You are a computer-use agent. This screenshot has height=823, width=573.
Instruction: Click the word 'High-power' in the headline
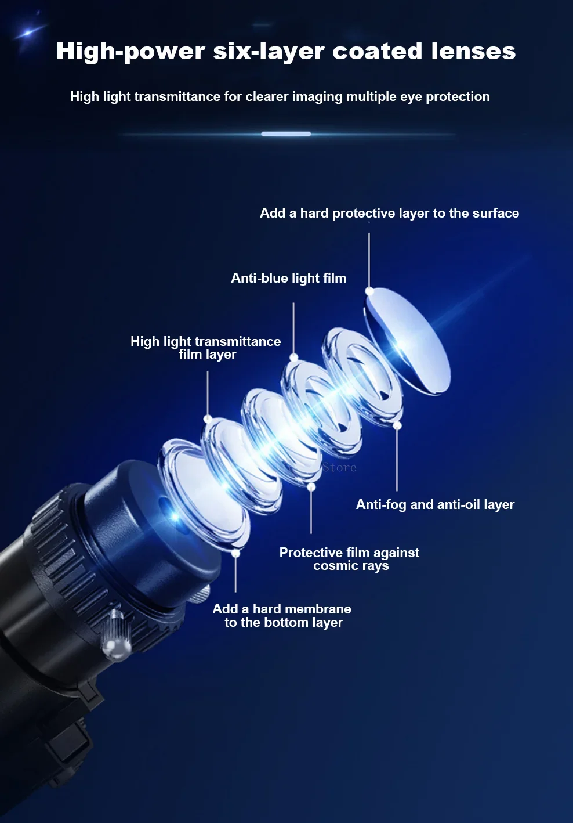(130, 52)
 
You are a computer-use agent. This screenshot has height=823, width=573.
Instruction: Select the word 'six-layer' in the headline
(269, 52)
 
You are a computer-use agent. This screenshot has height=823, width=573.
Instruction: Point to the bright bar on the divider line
(286, 134)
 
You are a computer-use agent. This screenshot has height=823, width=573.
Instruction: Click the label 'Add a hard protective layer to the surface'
(390, 214)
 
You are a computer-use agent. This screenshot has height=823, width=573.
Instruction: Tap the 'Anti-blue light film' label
(288, 278)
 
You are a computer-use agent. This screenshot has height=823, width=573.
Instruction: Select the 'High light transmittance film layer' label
(206, 348)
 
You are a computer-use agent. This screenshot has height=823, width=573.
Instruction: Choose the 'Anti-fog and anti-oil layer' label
(435, 504)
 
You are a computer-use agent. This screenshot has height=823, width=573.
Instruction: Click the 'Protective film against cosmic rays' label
(350, 559)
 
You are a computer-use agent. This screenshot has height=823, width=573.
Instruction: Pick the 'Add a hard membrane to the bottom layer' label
(282, 615)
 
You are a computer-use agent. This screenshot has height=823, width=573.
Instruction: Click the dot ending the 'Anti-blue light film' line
(293, 357)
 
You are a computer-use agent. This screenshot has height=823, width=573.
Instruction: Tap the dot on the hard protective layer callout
(369, 292)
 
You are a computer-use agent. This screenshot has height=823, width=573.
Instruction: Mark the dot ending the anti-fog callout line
(397, 425)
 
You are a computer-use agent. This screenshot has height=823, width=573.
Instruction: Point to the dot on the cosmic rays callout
(311, 487)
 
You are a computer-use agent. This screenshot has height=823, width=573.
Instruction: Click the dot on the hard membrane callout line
(235, 553)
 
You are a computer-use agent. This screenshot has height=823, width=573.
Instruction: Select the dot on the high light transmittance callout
(208, 418)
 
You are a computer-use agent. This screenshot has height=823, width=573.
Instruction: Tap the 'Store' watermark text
(339, 467)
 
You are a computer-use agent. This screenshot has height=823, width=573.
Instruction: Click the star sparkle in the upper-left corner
(28, 33)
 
